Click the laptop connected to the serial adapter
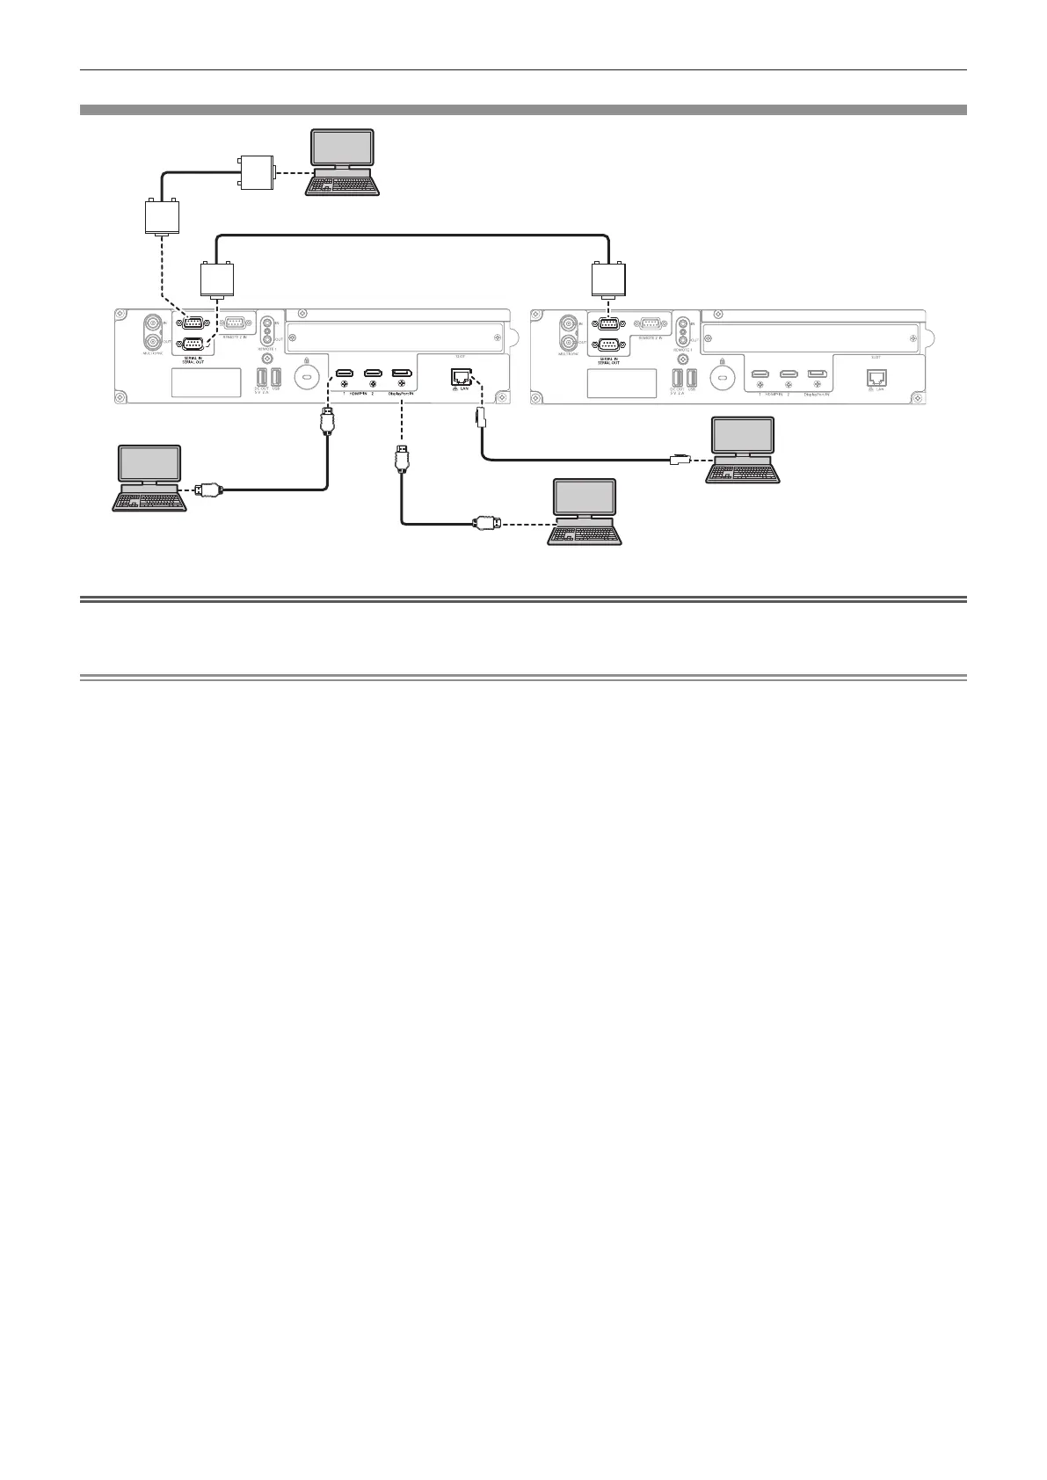[343, 163]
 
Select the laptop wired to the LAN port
[744, 449]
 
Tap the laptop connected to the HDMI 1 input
[150, 477]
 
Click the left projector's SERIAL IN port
[194, 323]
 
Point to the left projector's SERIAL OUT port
[194, 345]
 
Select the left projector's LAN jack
[459, 376]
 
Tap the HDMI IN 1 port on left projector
[345, 374]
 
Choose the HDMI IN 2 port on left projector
[373, 374]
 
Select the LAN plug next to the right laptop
[680, 458]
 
